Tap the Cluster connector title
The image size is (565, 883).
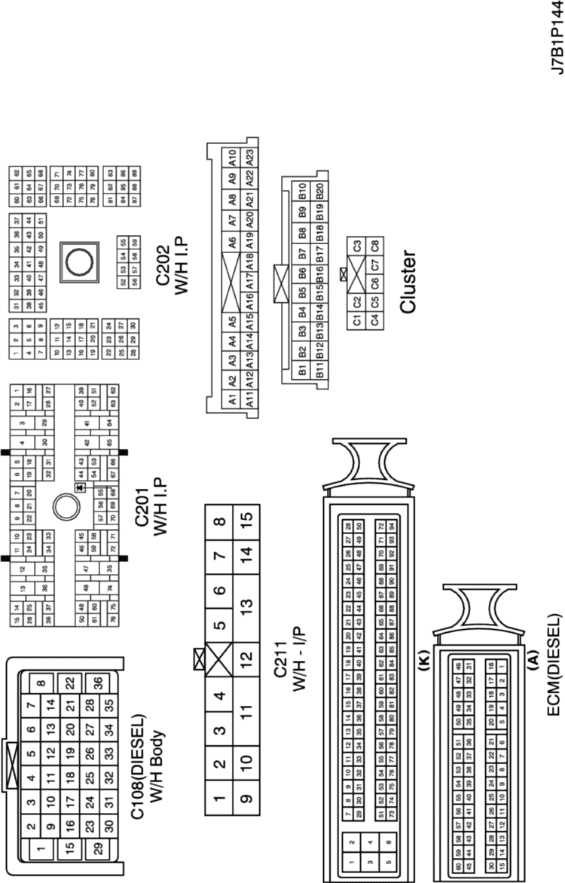408,282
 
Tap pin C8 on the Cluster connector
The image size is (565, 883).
374,246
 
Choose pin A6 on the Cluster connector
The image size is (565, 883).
232,243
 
